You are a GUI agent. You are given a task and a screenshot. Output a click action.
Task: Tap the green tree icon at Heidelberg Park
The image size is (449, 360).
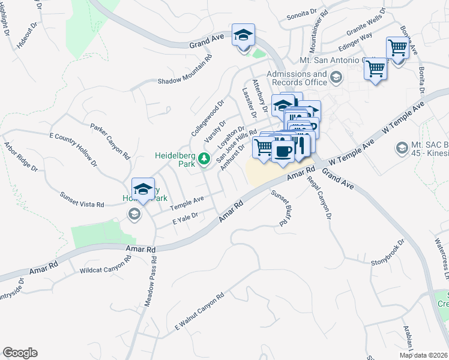[205, 159]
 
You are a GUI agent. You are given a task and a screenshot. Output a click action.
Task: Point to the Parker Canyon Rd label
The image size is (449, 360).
[111, 142]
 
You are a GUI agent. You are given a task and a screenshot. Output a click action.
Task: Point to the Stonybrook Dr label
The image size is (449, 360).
[388, 253]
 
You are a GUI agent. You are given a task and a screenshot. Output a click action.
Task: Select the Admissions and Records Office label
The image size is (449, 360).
[297, 78]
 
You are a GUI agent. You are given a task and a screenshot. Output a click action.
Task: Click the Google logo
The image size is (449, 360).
[20, 353]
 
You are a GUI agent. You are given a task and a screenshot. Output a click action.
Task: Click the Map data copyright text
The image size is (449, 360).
[423, 355]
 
